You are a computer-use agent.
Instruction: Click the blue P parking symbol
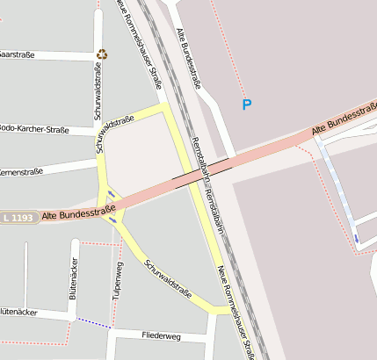247,105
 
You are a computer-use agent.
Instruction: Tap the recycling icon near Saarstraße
102,54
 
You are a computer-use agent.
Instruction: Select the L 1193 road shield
18,216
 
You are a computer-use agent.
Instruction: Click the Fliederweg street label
161,335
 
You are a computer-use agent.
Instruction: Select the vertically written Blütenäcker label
73,279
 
